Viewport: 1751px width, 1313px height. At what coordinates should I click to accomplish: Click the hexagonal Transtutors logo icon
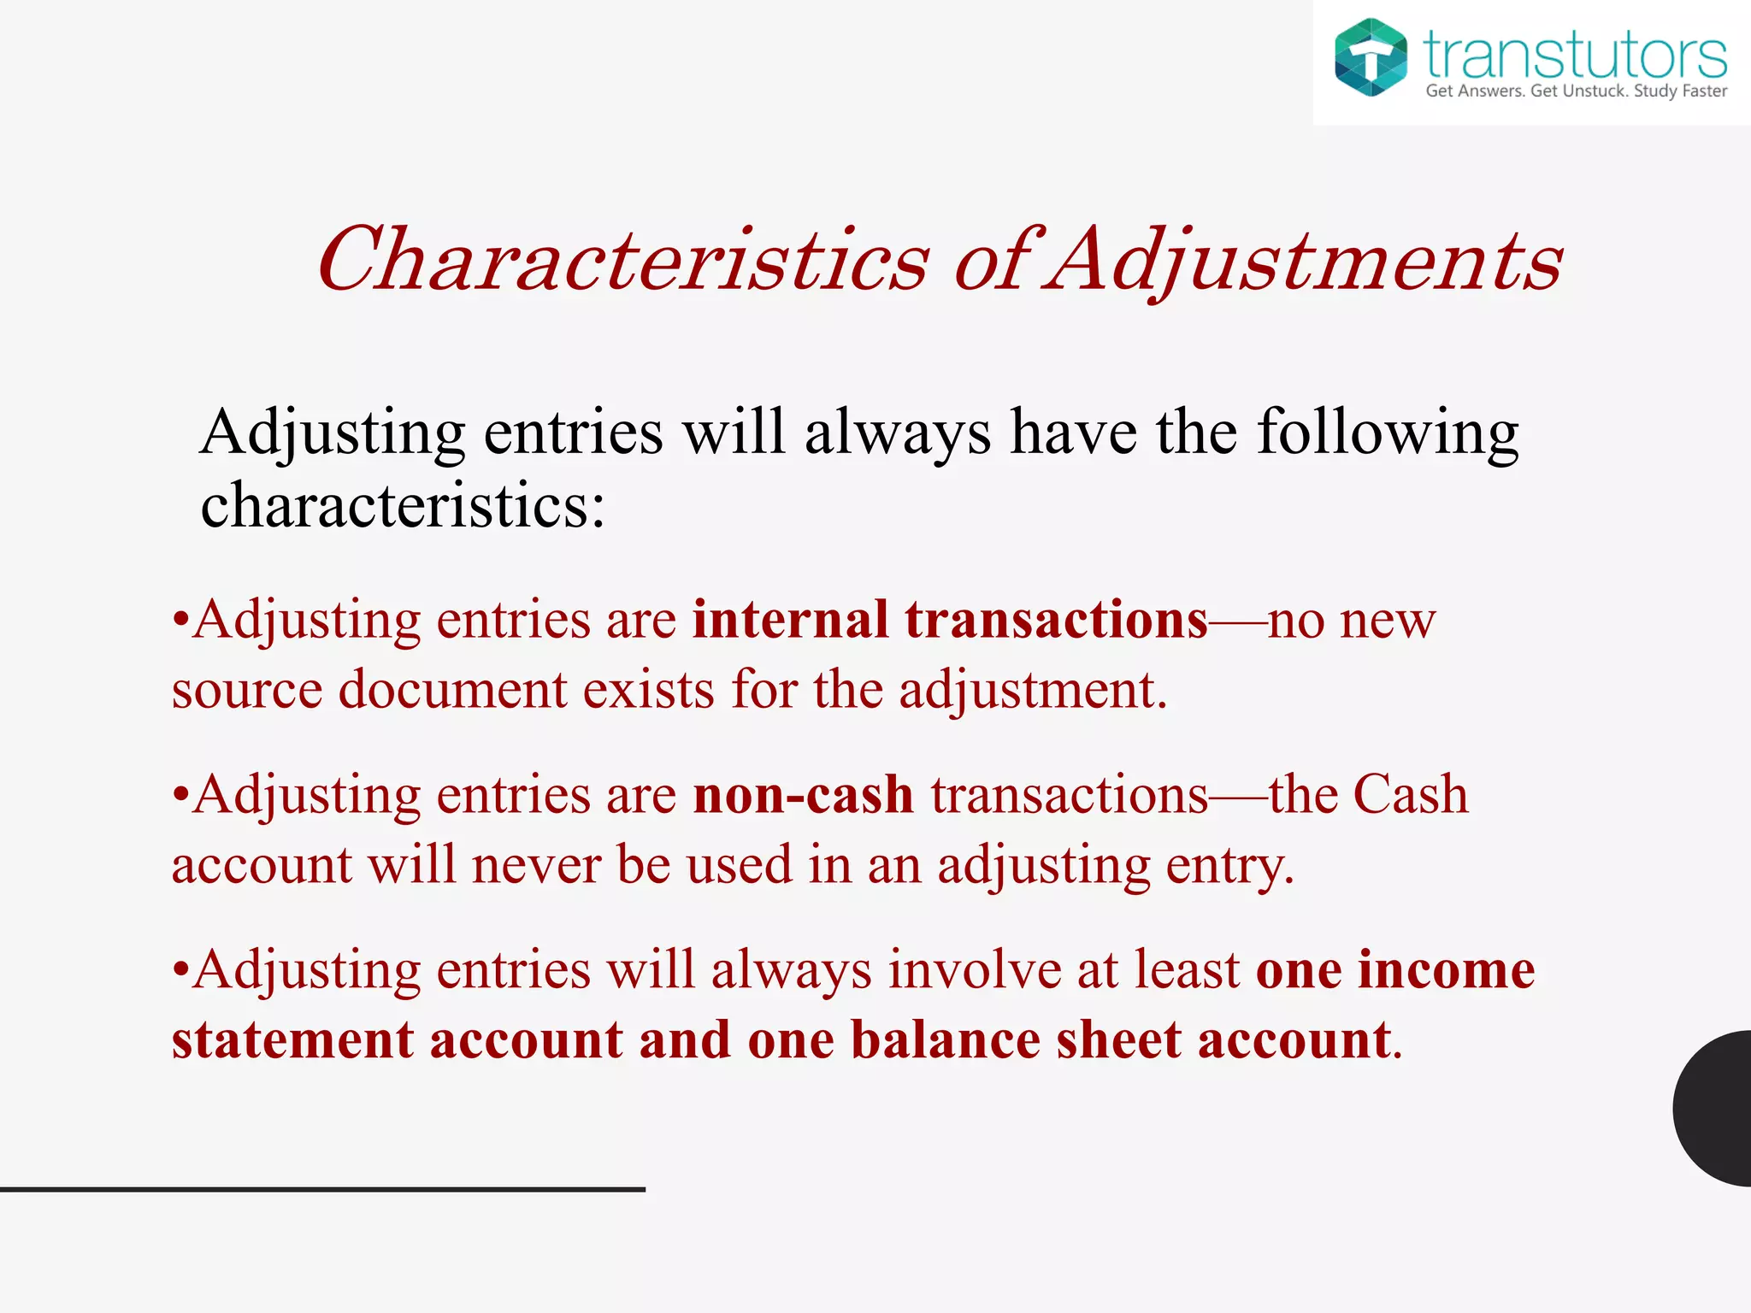pyautogui.click(x=1371, y=56)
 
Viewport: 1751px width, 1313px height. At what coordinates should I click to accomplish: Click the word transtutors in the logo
pyautogui.click(x=1575, y=55)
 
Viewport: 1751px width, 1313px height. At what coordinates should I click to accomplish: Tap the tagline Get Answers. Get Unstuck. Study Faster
pyautogui.click(x=1576, y=91)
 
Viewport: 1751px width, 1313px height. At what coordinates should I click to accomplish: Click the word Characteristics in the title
pyautogui.click(x=622, y=260)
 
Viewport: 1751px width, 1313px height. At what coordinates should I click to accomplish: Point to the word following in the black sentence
pyautogui.click(x=1387, y=433)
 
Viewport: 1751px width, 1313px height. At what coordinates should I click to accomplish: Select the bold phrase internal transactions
pyautogui.click(x=950, y=620)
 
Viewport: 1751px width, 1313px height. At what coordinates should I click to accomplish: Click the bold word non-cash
pyautogui.click(x=803, y=795)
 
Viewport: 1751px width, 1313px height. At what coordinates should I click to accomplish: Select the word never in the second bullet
pyautogui.click(x=536, y=865)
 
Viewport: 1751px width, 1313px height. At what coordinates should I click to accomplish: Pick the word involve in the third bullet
pyautogui.click(x=974, y=970)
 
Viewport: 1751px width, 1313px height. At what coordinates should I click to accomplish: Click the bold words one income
pyautogui.click(x=1395, y=970)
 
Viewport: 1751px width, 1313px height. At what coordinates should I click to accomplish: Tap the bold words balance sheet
pyautogui.click(x=1016, y=1040)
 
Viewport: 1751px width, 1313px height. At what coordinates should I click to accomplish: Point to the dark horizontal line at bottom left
pyautogui.click(x=322, y=1189)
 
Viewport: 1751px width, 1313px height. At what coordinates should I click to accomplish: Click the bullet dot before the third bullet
pyautogui.click(x=180, y=971)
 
